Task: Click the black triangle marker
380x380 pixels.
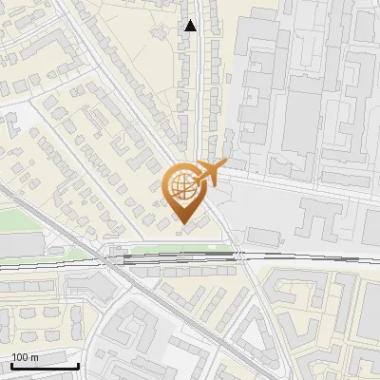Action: (191, 26)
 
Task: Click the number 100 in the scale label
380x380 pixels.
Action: (19, 357)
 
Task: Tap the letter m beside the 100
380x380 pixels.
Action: (34, 357)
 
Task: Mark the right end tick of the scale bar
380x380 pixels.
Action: (78, 364)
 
